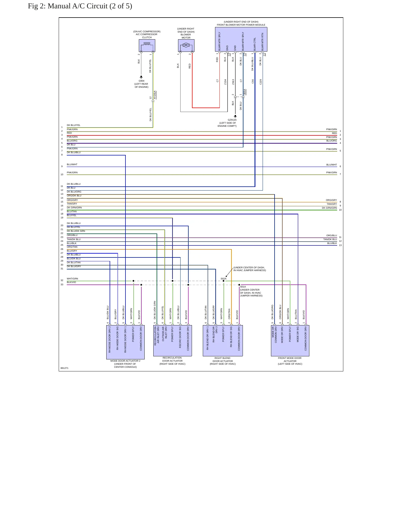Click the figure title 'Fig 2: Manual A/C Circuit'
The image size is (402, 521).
[x=68, y=6]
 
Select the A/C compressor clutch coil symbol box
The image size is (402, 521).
[x=147, y=45]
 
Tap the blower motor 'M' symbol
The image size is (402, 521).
[x=186, y=45]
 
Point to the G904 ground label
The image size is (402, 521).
[x=141, y=81]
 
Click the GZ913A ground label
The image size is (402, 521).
[x=232, y=120]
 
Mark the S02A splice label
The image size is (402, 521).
[x=223, y=279]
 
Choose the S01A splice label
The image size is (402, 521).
[x=243, y=287]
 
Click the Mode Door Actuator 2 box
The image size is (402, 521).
[x=125, y=342]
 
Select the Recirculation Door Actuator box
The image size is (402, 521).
[x=172, y=340]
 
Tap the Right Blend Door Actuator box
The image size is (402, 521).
[x=223, y=340]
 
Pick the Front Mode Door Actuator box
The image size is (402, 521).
[x=290, y=340]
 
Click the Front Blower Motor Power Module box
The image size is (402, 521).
[x=241, y=39]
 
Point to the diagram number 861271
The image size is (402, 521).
[x=65, y=368]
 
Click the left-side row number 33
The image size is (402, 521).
[x=62, y=284]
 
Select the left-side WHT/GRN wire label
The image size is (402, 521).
[x=72, y=279]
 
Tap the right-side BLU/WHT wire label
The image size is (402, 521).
[x=332, y=165]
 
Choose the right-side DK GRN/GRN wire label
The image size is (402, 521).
[x=329, y=208]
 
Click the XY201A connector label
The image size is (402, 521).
[x=155, y=95]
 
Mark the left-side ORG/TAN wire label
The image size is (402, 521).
[x=72, y=247]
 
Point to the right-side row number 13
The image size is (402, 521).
[x=340, y=245]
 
